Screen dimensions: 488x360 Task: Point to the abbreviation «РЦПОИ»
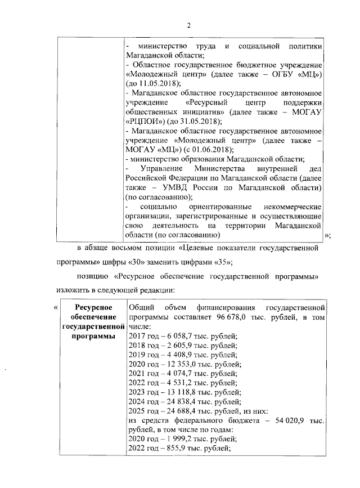144,120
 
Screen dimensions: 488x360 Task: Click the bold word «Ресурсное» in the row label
93,307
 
